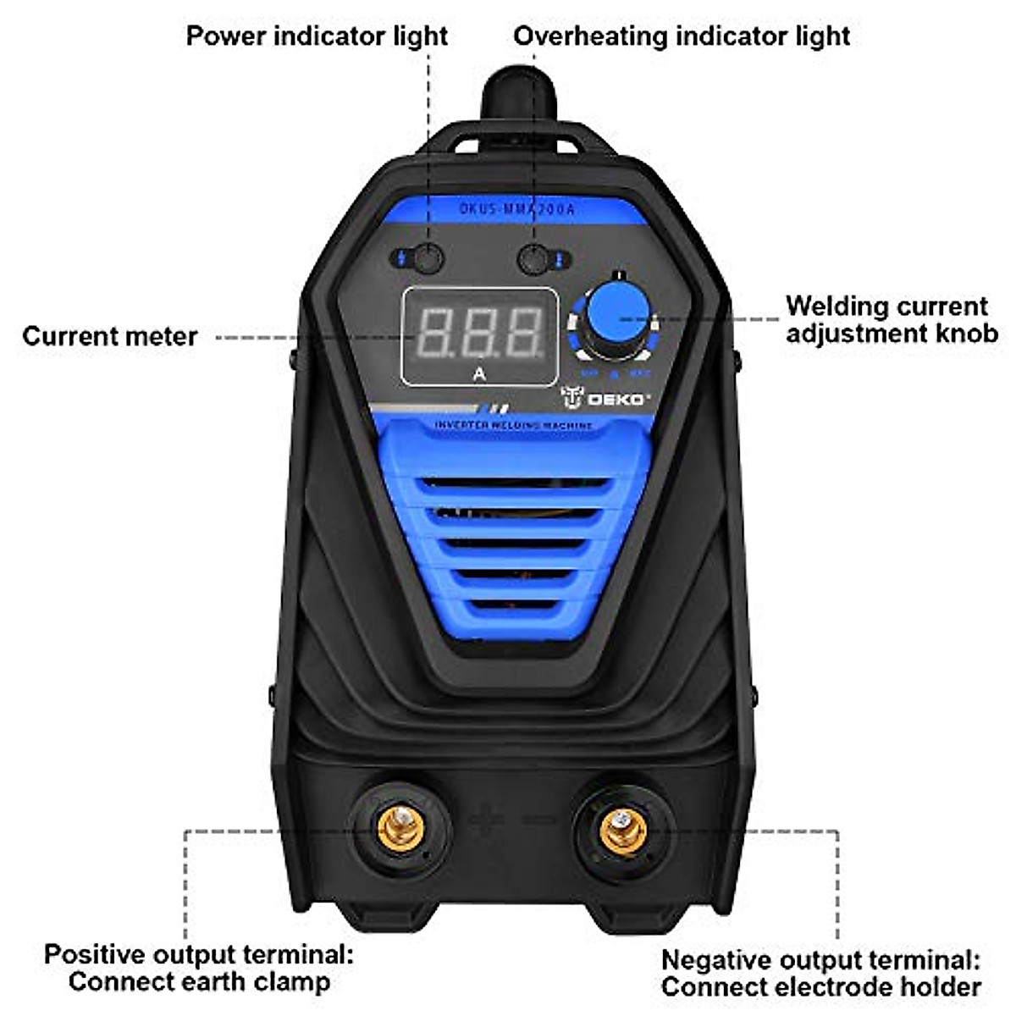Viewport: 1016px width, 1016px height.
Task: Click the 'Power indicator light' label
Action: click(x=317, y=36)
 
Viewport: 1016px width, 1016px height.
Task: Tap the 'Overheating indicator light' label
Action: click(x=682, y=36)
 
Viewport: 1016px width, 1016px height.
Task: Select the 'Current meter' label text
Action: click(x=109, y=336)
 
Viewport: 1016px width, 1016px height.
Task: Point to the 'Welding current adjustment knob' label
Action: click(x=892, y=319)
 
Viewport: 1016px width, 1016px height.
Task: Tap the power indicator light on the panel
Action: click(x=428, y=259)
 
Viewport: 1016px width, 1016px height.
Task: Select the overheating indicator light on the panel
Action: click(x=535, y=259)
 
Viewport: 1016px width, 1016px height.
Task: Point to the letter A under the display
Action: click(x=479, y=373)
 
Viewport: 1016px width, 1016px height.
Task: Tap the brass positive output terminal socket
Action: click(x=400, y=827)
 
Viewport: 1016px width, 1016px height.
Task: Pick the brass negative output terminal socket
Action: click(x=623, y=829)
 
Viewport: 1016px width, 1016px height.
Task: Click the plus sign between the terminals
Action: click(x=485, y=820)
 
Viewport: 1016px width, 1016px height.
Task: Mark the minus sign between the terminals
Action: click(x=538, y=820)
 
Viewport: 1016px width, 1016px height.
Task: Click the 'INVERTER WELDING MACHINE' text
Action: click(x=513, y=424)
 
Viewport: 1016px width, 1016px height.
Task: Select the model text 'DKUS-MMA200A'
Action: click(x=516, y=208)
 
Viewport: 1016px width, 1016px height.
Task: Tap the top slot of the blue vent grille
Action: click(x=515, y=484)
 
